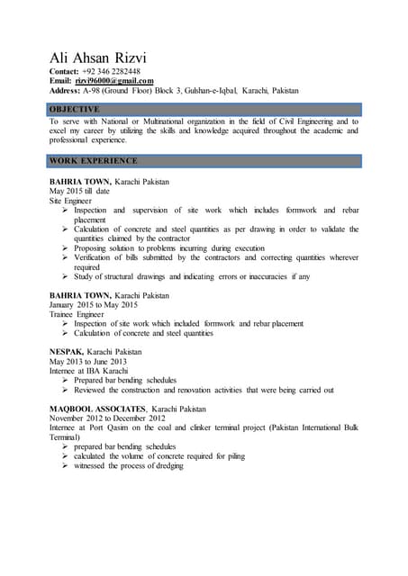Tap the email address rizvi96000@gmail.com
coord(121,81)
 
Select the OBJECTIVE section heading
coord(75,109)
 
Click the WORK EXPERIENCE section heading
coord(95,161)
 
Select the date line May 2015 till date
coord(79,192)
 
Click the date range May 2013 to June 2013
coord(88,361)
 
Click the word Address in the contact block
coord(68,91)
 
